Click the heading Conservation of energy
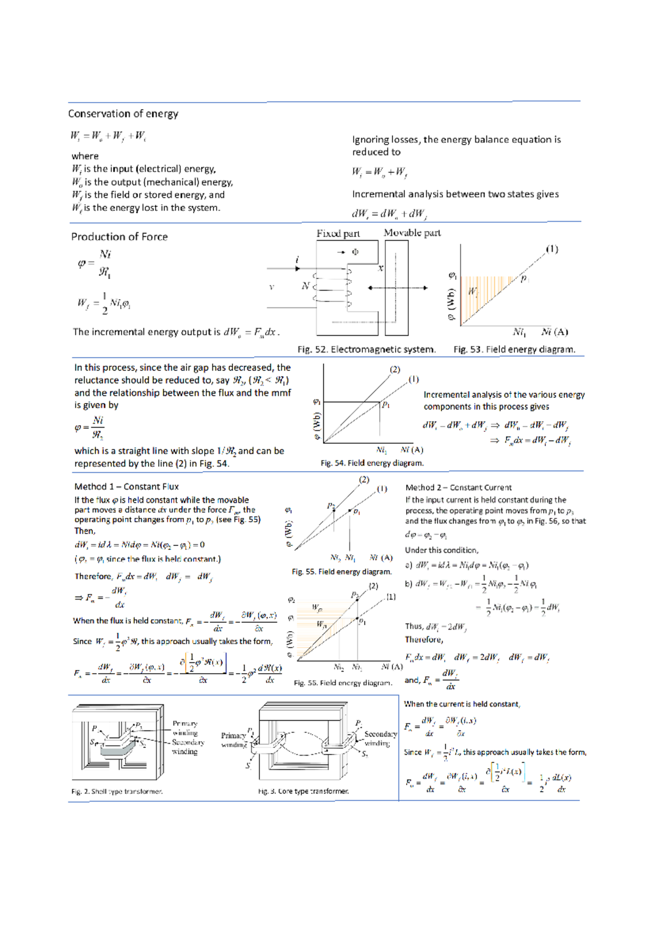[x=123, y=114]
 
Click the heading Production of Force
[x=119, y=236]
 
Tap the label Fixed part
[x=338, y=234]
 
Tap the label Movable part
[x=412, y=233]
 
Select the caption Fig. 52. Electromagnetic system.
[x=366, y=349]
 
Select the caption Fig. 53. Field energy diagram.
[x=514, y=349]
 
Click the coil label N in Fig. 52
[x=306, y=286]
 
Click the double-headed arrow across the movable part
[x=397, y=288]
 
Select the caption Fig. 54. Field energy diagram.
[x=372, y=463]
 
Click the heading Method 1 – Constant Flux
[x=126, y=486]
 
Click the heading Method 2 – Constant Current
[x=458, y=488]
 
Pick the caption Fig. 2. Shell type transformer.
[x=117, y=791]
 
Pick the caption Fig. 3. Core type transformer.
[x=303, y=791]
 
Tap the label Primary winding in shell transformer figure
[x=185, y=728]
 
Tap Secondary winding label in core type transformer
[x=380, y=738]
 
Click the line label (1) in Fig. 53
[x=552, y=249]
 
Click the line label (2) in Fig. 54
[x=395, y=370]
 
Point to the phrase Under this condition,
[x=441, y=550]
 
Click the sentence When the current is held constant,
[x=462, y=704]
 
